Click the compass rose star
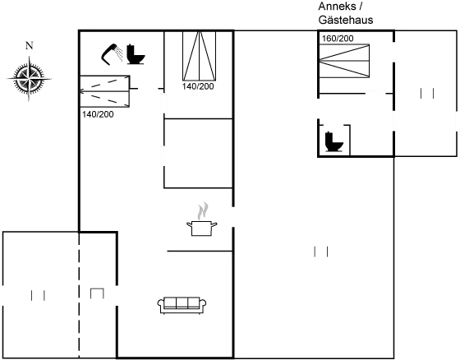coord(29,78)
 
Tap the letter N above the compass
coord(29,46)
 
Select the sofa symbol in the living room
coord(180,304)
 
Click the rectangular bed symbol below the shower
coord(104,90)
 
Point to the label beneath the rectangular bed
coord(98,114)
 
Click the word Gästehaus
coord(345,19)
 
